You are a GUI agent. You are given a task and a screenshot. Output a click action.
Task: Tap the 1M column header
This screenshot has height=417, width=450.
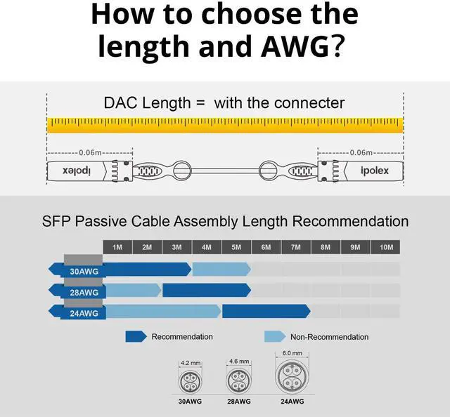117,247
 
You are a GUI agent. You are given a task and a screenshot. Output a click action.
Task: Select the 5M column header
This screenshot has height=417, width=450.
236,247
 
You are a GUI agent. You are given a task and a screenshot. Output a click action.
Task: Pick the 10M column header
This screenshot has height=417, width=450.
386,247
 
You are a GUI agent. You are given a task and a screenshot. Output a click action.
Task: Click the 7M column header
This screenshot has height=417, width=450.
296,247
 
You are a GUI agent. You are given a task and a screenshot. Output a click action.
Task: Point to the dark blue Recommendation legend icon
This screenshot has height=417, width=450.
135,337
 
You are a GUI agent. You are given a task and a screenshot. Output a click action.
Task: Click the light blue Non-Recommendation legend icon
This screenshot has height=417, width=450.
274,337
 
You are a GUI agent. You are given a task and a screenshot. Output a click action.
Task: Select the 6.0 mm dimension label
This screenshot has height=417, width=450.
292,353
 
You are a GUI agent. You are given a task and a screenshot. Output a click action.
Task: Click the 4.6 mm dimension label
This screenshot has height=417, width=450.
239,361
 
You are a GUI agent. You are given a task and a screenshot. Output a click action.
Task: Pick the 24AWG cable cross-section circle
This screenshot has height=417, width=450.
292,378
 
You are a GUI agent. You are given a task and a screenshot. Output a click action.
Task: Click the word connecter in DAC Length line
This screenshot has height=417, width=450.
309,103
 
